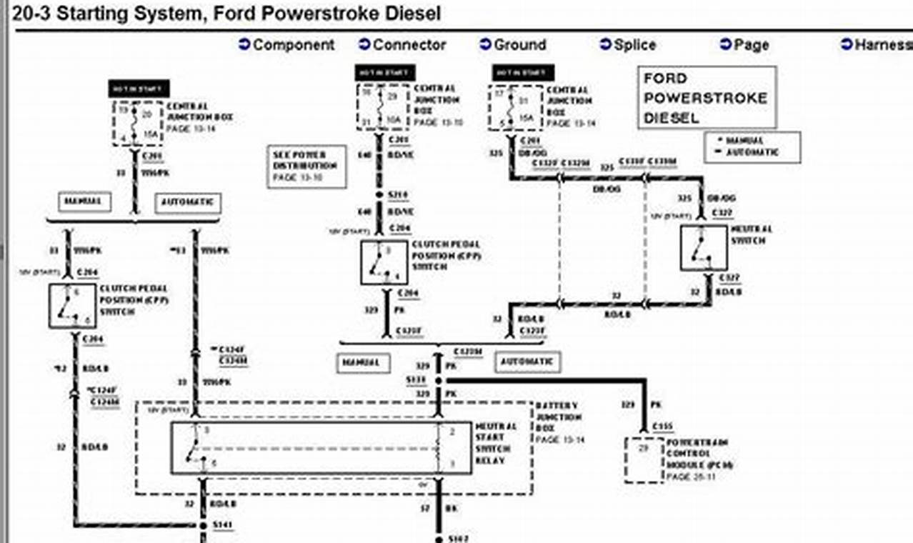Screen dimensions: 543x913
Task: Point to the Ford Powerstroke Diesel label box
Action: click(x=706, y=98)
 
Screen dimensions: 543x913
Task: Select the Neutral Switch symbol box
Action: click(x=704, y=248)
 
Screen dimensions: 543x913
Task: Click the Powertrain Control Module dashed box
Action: click(x=644, y=460)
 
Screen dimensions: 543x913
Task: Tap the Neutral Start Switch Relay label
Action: click(x=493, y=443)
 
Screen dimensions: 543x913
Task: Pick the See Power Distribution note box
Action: click(x=306, y=166)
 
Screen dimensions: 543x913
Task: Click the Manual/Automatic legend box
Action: click(x=752, y=147)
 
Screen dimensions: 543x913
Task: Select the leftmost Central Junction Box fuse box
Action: click(x=137, y=123)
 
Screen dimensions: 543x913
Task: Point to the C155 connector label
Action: click(x=662, y=427)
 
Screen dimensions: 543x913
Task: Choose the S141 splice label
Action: click(x=223, y=526)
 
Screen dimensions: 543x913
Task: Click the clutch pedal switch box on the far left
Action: click(x=72, y=306)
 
